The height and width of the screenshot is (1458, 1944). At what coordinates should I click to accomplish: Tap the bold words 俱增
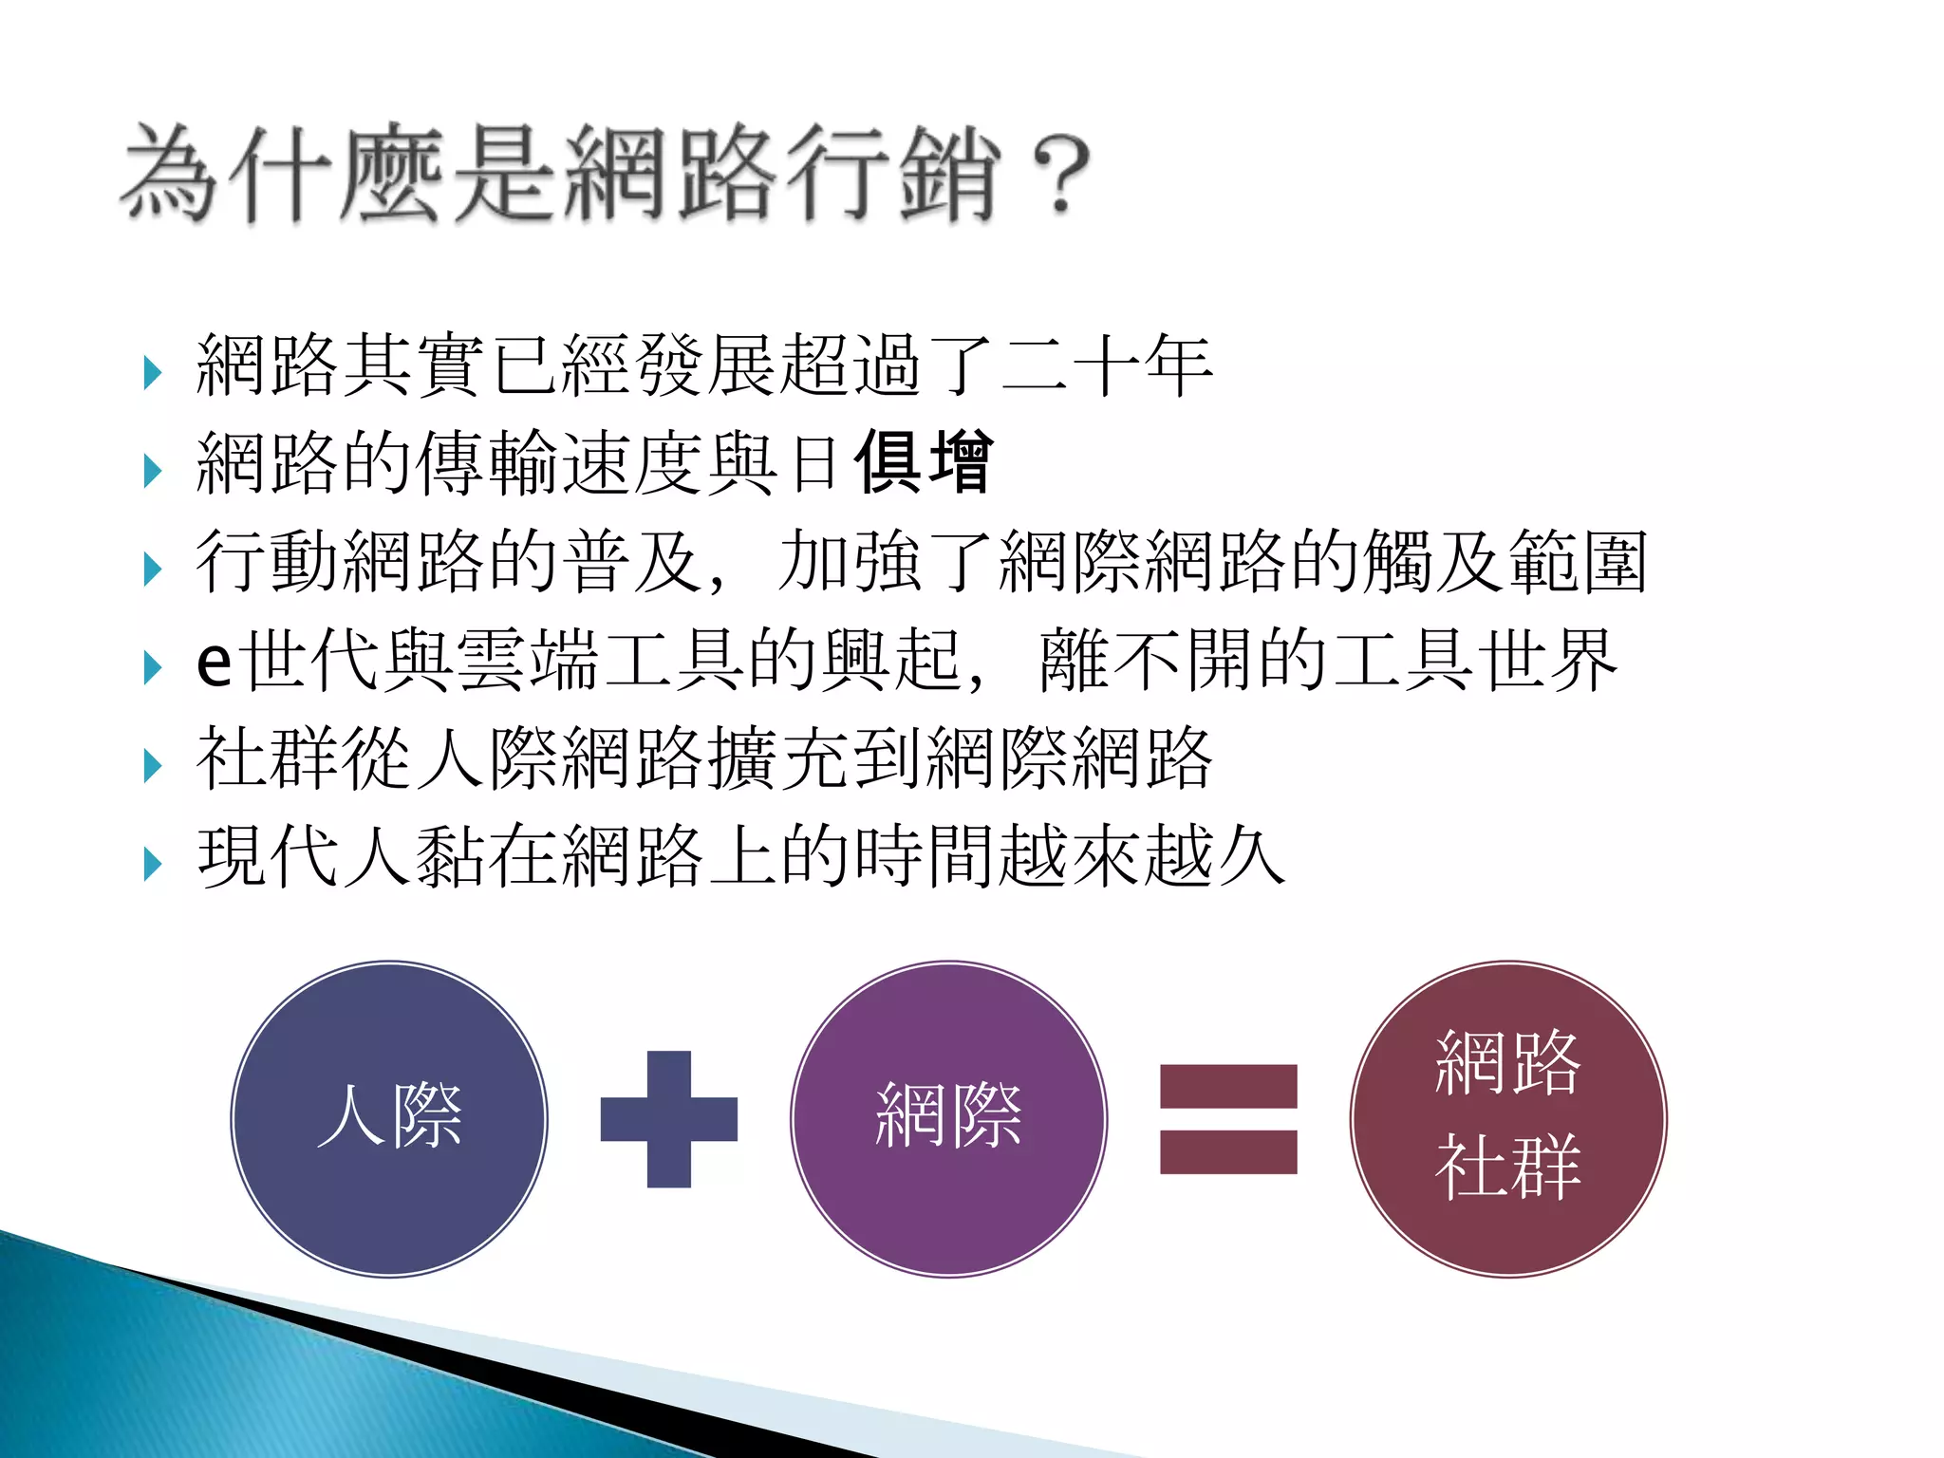click(x=924, y=462)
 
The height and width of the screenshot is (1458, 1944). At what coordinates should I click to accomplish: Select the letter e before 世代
click(x=214, y=662)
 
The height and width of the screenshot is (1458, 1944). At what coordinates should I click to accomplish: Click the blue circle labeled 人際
click(x=389, y=1118)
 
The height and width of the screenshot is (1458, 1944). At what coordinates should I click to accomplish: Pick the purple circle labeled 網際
click(x=948, y=1118)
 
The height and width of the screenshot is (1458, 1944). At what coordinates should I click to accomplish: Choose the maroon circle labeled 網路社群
click(x=1508, y=1118)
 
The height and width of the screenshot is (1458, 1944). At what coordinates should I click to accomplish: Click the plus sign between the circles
click(x=668, y=1118)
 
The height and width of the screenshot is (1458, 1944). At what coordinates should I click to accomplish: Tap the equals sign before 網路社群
click(x=1228, y=1118)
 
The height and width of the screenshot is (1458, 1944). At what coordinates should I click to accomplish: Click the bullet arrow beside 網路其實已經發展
click(x=152, y=372)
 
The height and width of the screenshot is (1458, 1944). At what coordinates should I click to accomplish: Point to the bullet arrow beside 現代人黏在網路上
click(x=152, y=863)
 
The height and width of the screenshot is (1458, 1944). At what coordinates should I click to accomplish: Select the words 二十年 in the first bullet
click(x=1106, y=365)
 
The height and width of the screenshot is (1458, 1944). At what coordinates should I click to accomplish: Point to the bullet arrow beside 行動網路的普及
click(x=152, y=569)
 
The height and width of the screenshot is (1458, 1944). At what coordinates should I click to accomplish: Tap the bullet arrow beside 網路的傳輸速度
click(x=152, y=470)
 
